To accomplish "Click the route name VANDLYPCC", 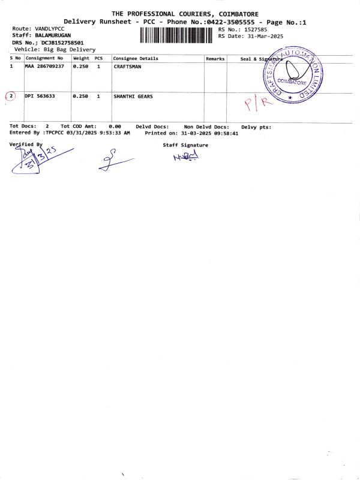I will coord(50,29).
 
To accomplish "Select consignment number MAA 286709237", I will coord(44,67).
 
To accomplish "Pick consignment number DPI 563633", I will coord(40,96).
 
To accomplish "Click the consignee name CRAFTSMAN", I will coord(127,67).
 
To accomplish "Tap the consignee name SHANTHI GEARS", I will coord(133,96).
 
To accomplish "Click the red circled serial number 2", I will coord(10,96).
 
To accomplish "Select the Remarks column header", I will coord(215,59).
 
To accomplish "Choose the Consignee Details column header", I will coord(136,59).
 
